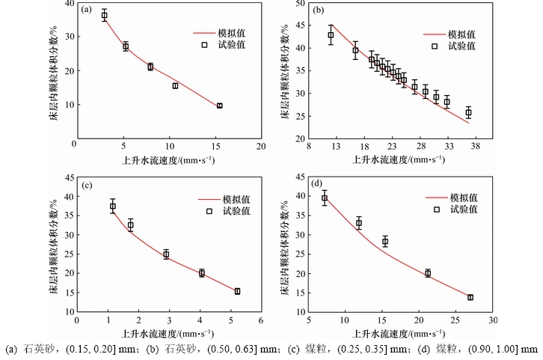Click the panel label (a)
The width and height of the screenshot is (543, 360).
(87, 10)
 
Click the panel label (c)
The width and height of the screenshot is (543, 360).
(87, 185)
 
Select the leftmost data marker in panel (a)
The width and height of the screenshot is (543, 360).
(105, 15)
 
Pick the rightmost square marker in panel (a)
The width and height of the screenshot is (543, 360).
(219, 106)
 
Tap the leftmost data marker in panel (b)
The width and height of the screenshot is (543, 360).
(331, 34)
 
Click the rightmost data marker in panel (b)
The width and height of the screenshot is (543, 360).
(468, 113)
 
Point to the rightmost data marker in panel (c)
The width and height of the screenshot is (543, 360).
(237, 291)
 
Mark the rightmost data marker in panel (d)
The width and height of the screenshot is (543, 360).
(470, 297)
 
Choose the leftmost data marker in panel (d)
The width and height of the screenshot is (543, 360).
(325, 198)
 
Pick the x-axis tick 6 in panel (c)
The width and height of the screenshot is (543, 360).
(260, 320)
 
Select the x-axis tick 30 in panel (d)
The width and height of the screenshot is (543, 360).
(493, 320)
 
